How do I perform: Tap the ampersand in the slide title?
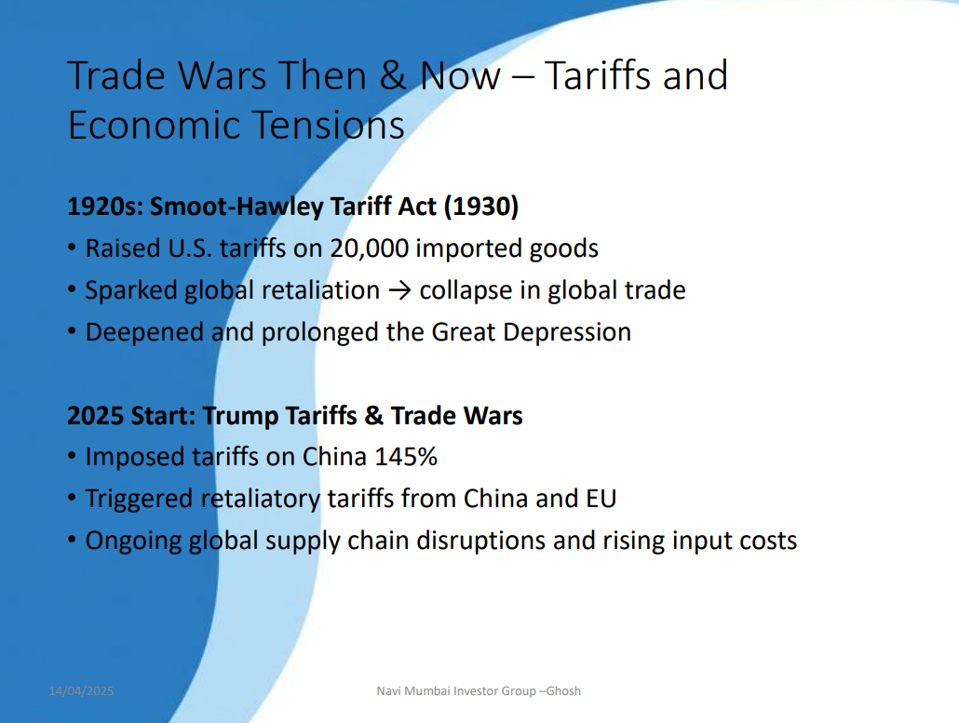pos(393,75)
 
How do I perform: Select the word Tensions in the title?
pos(328,125)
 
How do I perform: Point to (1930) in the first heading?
pos(480,207)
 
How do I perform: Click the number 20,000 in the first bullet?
pos(370,248)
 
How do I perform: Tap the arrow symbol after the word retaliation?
pos(399,289)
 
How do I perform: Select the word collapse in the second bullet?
pos(466,290)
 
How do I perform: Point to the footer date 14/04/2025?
pos(81,691)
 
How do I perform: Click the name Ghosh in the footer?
pos(563,691)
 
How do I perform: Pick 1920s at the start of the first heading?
pos(104,207)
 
